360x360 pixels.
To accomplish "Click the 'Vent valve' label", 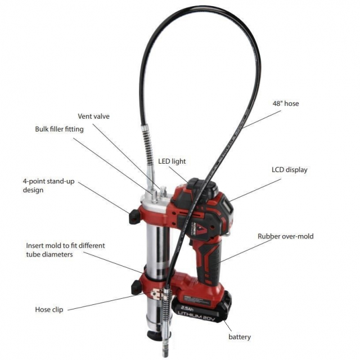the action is [x=93, y=116].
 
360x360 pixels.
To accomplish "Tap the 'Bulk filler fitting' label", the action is [x=59, y=129].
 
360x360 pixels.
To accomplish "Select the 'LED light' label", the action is [x=172, y=161].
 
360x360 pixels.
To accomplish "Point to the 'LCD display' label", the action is [x=289, y=170].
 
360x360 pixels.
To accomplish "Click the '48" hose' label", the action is [x=286, y=103].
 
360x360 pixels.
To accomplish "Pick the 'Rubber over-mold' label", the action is [x=285, y=236].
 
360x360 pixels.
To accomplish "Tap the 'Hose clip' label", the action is [x=49, y=309].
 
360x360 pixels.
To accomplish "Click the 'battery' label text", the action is [x=240, y=337].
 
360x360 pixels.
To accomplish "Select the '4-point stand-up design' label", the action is [x=48, y=186].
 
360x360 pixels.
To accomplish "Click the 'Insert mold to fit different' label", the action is [x=65, y=245].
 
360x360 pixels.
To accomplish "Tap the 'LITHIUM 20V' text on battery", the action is [x=196, y=317].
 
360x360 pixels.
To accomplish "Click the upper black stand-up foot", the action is [x=134, y=216].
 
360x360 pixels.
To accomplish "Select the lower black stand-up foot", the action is [x=136, y=287].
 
